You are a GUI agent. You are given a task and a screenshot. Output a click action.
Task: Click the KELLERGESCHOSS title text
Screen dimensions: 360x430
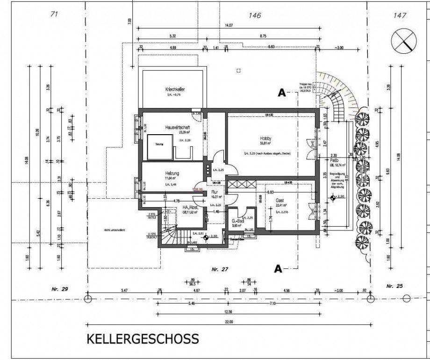pyautogui.click(x=142, y=338)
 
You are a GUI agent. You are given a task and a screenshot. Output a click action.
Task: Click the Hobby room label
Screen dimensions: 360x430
pyautogui.click(x=266, y=139)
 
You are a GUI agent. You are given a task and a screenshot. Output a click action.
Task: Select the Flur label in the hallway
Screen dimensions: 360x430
pyautogui.click(x=216, y=192)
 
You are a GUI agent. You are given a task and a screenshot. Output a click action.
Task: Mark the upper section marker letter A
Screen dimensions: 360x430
pyautogui.click(x=281, y=93)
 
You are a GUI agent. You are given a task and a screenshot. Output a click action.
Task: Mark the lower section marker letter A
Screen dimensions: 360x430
pyautogui.click(x=278, y=268)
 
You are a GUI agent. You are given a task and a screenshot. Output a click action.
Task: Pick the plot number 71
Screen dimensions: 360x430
pyautogui.click(x=54, y=14)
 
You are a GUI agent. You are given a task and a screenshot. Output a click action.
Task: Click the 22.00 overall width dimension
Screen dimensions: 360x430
pyautogui.click(x=228, y=322)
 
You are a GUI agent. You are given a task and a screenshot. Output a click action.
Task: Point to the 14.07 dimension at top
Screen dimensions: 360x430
pyautogui.click(x=231, y=26)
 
